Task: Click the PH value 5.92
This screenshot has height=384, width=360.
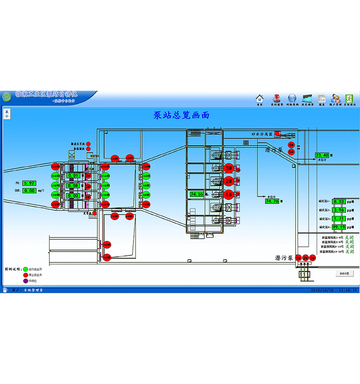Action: [29, 183]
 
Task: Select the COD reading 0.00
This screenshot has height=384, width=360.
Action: [29, 191]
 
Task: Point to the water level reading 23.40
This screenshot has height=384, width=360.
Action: [322, 155]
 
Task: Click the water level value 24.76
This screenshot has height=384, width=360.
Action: [272, 201]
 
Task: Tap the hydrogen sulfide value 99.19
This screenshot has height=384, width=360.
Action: [338, 227]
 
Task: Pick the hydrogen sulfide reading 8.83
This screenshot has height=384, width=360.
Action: [338, 202]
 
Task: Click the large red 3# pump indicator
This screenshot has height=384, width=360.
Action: [228, 168]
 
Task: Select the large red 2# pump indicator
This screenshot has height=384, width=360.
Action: [228, 181]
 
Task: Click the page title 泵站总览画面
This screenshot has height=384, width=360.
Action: [181, 115]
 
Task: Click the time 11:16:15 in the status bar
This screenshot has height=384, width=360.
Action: [348, 290]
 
